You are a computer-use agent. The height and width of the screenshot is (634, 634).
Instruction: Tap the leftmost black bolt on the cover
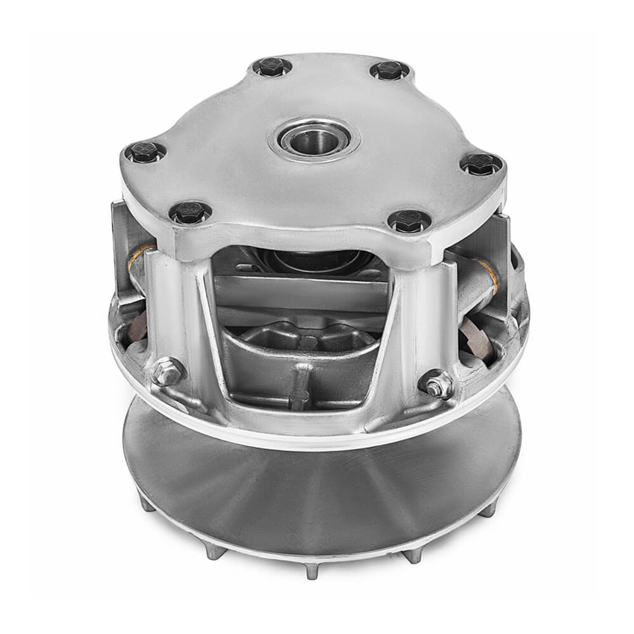145,152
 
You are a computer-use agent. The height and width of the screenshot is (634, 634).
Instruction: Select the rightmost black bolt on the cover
481,164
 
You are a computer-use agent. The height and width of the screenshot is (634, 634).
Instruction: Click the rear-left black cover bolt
272,67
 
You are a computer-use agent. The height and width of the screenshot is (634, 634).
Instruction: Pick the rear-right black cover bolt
389,70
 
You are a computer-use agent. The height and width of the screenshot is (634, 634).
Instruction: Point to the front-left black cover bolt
190,212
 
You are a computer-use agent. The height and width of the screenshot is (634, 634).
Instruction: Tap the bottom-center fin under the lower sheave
312,570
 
